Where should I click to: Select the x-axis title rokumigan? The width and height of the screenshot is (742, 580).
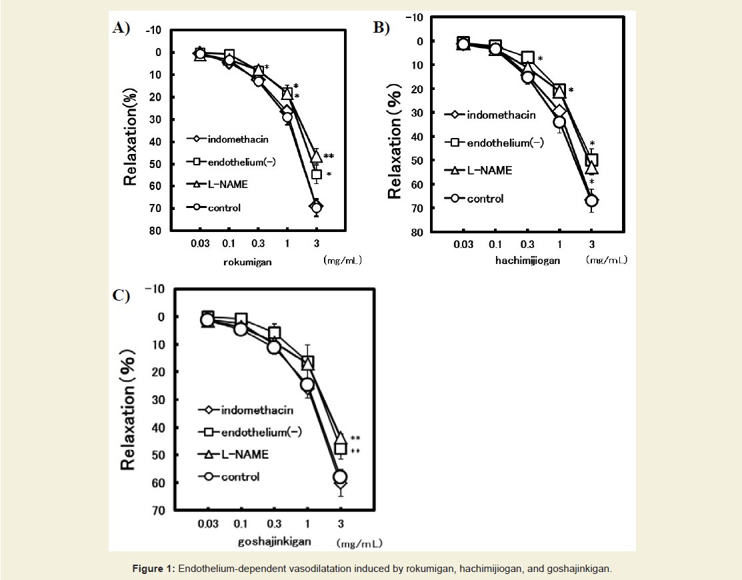click(x=247, y=262)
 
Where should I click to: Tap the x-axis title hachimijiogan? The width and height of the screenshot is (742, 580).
click(x=527, y=261)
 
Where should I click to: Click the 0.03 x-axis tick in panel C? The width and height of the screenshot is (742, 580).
click(x=207, y=523)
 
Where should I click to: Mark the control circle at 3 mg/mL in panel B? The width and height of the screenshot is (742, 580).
click(x=591, y=201)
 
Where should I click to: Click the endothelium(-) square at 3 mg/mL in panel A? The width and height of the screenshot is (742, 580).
click(x=317, y=175)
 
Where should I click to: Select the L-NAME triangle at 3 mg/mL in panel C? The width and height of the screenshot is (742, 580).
click(x=340, y=439)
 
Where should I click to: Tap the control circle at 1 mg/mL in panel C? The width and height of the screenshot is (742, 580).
click(x=307, y=385)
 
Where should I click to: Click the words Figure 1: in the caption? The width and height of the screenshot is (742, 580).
click(x=153, y=569)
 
